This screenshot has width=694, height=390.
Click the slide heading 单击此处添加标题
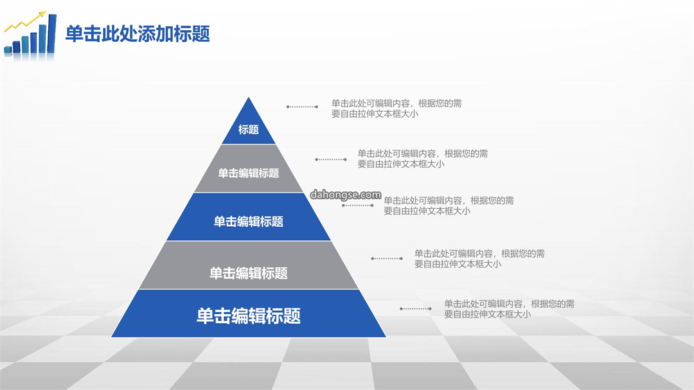pyautogui.click(x=138, y=33)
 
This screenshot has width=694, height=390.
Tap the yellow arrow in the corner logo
pyautogui.click(x=25, y=22)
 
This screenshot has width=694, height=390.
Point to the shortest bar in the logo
pyautogui.click(x=8, y=50)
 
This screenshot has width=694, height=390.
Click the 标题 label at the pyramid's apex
pyautogui.click(x=248, y=130)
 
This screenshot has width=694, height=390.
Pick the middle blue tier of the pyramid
pyautogui.click(x=248, y=217)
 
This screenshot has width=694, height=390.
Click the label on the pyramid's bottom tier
pyautogui.click(x=248, y=316)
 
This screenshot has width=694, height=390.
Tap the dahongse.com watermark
pyautogui.click(x=346, y=195)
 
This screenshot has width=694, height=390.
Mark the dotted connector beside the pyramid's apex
pyautogui.click(x=302, y=107)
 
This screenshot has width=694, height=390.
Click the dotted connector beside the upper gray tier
pyautogui.click(x=331, y=159)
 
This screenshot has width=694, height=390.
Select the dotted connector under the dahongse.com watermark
pyautogui.click(x=358, y=206)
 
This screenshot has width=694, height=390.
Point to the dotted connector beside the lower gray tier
pyautogui.click(x=387, y=258)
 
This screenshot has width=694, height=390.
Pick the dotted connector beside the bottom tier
pyautogui.click(x=416, y=308)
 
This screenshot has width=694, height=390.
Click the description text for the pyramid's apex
pyautogui.click(x=396, y=109)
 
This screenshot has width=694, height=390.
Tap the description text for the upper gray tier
pyautogui.click(x=423, y=159)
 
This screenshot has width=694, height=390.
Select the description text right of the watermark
pyautogui.click(x=449, y=206)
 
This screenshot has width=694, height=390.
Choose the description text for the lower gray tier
pyautogui.click(x=479, y=259)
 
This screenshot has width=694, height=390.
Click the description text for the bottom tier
pyautogui.click(x=510, y=309)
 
